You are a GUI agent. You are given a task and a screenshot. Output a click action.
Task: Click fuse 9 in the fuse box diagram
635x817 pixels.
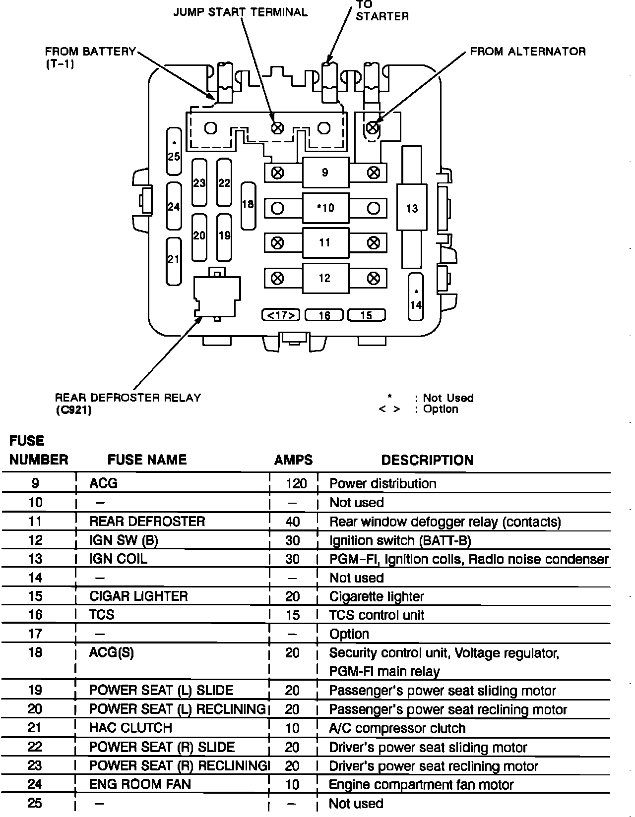tap(325, 173)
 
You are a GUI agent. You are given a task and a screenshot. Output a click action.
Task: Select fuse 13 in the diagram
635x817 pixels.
tap(412, 208)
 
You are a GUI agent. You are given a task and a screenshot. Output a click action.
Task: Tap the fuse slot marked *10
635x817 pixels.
tap(325, 208)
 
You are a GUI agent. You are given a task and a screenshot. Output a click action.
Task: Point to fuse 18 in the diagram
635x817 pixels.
tap(248, 205)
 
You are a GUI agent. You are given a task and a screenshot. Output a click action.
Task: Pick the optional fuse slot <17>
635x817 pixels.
tap(281, 315)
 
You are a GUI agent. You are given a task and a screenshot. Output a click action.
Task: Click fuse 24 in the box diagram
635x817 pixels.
tap(174, 206)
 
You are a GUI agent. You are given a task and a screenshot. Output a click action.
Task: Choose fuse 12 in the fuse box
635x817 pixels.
tap(325, 278)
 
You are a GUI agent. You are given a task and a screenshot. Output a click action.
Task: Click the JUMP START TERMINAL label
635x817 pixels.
tap(240, 12)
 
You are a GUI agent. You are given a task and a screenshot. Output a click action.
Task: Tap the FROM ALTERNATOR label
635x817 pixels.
tap(527, 52)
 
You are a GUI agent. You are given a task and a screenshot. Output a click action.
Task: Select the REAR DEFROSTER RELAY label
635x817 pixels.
tap(127, 398)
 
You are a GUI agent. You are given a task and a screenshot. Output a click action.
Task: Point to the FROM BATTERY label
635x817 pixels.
tap(90, 52)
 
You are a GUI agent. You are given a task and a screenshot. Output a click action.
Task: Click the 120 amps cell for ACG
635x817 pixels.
tap(296, 483)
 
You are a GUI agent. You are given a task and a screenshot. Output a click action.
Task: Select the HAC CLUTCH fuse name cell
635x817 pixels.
tap(130, 728)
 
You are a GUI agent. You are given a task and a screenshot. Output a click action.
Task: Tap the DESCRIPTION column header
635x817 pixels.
tap(427, 460)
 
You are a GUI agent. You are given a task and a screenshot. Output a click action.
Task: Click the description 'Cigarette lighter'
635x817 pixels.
tap(377, 596)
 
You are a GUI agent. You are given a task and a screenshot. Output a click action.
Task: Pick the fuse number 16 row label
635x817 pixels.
tap(36, 615)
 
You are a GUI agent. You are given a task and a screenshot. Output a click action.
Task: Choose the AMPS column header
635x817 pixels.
tap(293, 460)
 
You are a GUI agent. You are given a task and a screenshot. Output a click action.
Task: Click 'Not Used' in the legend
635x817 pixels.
tap(448, 398)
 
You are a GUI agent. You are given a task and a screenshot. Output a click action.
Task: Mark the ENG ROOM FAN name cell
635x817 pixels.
tap(140, 784)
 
